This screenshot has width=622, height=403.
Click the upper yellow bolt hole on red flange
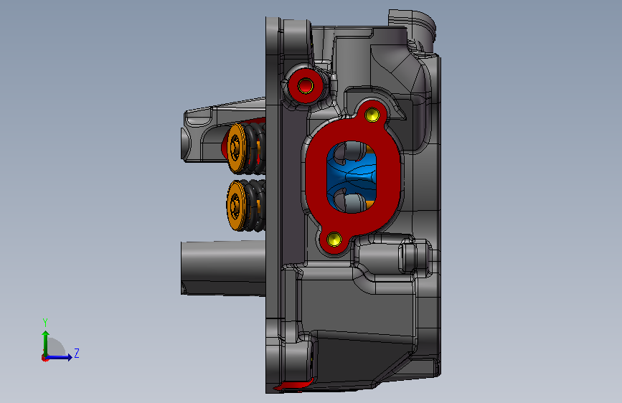pyautogui.click(x=372, y=115)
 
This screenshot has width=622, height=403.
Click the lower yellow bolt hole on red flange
pyautogui.click(x=334, y=240)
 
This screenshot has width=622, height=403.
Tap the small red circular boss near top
pyautogui.click(x=306, y=85)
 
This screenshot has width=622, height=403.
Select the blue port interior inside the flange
pyautogui.click(x=352, y=176)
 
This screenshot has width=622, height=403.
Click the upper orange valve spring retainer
pyautogui.click(x=237, y=148)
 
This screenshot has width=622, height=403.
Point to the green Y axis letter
pyautogui.click(x=45, y=323)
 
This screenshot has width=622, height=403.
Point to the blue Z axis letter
pyautogui.click(x=77, y=353)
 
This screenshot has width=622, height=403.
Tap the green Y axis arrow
pyautogui.click(x=46, y=343)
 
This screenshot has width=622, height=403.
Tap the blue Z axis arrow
pyautogui.click(x=59, y=357)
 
